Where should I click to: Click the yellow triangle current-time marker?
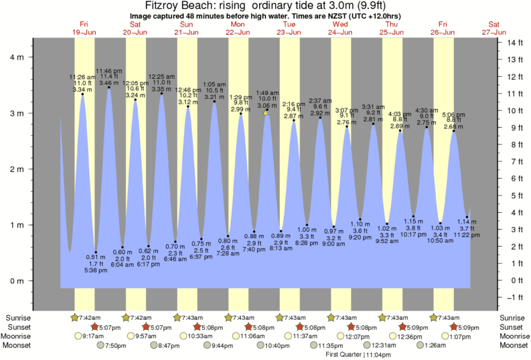(266, 112)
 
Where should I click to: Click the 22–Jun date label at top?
(238, 31)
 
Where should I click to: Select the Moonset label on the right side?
(514, 345)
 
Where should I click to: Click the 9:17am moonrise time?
(91, 336)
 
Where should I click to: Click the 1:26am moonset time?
(435, 345)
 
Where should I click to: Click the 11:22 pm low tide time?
(467, 236)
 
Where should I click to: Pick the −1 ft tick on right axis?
(514, 297)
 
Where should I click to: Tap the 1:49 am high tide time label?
(266, 93)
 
